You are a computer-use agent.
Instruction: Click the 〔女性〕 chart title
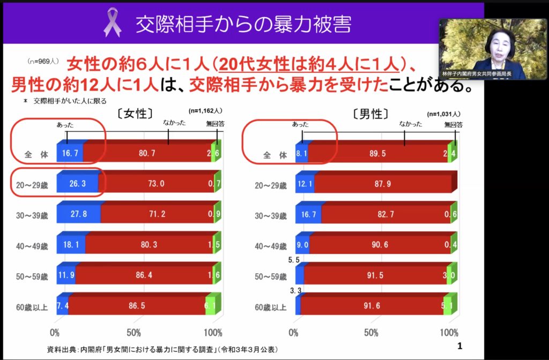point(135,114)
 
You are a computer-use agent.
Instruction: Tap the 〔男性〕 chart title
point(371,114)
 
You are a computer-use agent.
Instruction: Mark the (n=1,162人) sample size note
point(205,111)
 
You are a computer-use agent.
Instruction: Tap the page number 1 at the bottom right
point(459,346)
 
